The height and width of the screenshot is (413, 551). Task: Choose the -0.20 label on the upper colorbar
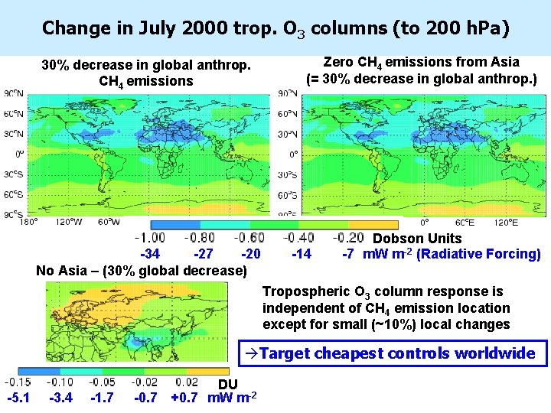pos(347,239)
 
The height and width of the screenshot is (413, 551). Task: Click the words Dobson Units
pos(417,239)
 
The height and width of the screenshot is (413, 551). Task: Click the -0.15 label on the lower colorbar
pos(18,382)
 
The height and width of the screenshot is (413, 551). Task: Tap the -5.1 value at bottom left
pos(18,398)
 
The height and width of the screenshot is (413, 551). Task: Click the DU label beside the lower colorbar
pos(228,384)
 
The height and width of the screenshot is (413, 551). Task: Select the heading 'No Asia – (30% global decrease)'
pos(142,271)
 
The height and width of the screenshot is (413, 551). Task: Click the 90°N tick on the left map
pos(13,93)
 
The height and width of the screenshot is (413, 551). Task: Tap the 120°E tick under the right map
pos(506,223)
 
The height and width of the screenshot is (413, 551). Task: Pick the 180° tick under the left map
pos(28,223)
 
